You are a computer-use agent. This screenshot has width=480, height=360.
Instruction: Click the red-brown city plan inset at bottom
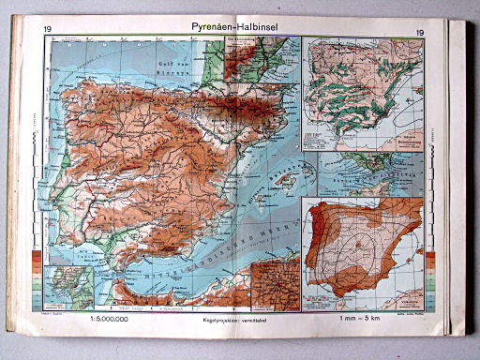(275, 285)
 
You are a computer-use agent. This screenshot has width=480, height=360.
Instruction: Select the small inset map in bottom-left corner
(61, 287)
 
